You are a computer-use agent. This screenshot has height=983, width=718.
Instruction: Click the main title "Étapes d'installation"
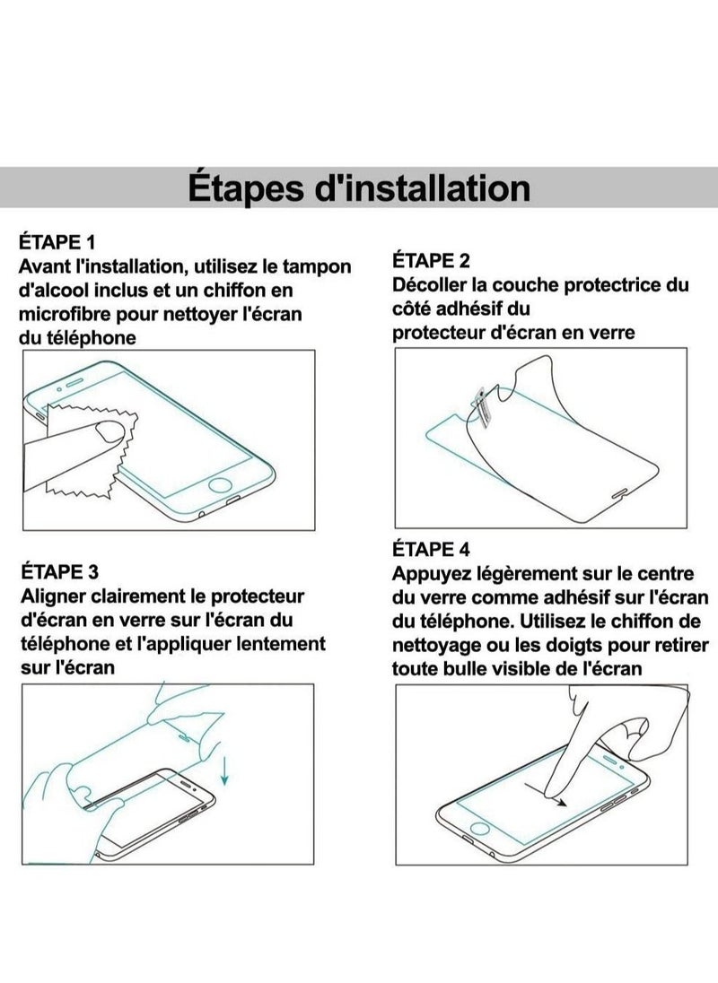pos(359,188)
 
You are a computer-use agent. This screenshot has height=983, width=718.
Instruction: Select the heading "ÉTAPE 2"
pos(431,261)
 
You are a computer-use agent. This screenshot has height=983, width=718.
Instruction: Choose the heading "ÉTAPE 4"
pos(431,549)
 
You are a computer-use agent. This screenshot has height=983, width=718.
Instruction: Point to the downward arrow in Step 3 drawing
pos(223,767)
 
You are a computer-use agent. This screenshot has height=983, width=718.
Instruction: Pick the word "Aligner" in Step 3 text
pos(52,596)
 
